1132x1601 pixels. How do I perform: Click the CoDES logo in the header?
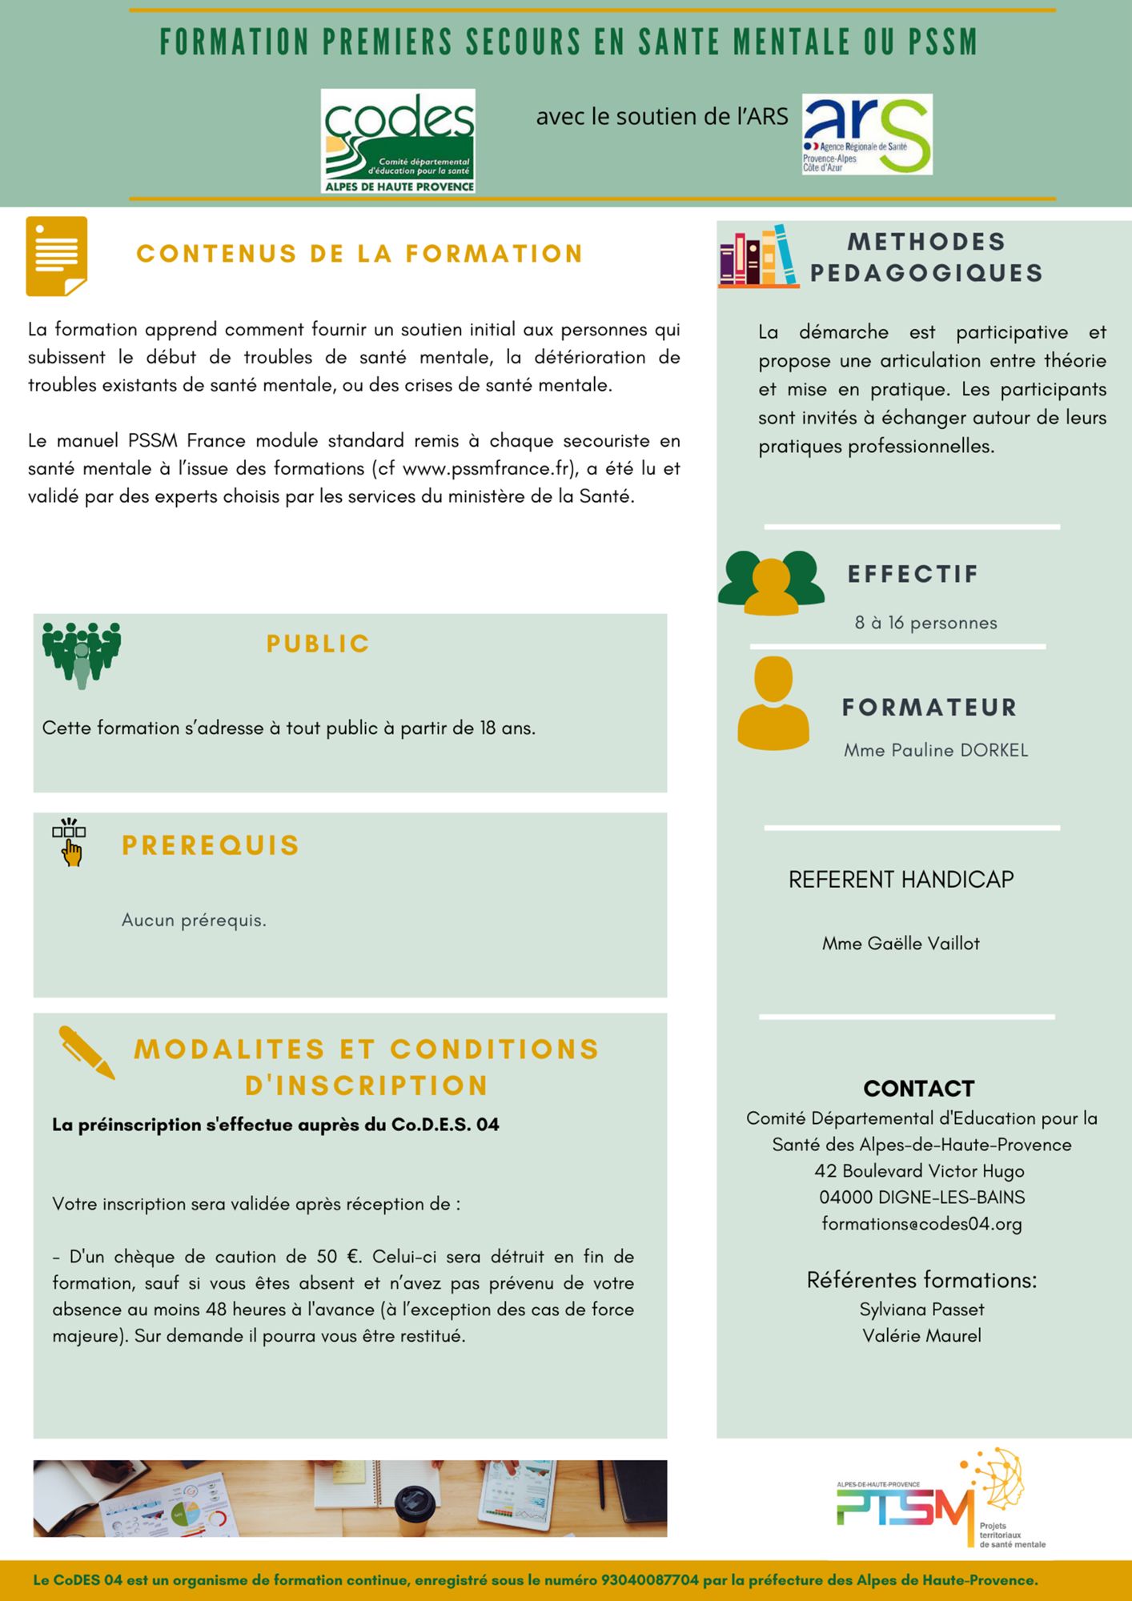[x=398, y=141]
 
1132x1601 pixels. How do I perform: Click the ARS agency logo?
[x=867, y=134]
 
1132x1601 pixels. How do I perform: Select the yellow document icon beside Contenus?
[x=57, y=256]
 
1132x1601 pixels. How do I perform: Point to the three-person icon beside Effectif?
[x=771, y=583]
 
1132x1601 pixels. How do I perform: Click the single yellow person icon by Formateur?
[x=773, y=704]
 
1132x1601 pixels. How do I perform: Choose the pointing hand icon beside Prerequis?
[x=70, y=843]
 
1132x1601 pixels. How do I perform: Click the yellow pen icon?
[x=86, y=1052]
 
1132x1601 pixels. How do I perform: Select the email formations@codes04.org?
[x=921, y=1224]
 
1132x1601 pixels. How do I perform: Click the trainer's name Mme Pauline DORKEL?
[x=936, y=751]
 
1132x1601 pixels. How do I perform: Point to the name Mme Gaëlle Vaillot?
[x=901, y=944]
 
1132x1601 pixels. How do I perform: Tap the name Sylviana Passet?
[x=921, y=1310]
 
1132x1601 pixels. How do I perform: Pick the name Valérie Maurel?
[x=921, y=1336]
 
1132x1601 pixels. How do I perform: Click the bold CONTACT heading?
[x=919, y=1089]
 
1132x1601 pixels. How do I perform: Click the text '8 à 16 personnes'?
[x=925, y=623]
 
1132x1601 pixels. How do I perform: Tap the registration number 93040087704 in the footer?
[x=649, y=1581]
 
